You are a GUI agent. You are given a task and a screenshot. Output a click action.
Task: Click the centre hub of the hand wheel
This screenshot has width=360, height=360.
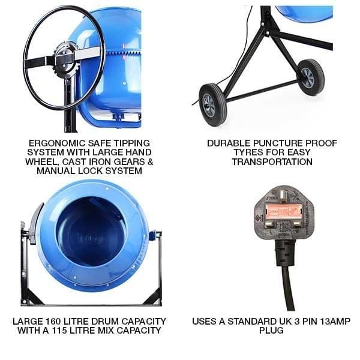tap(64, 57)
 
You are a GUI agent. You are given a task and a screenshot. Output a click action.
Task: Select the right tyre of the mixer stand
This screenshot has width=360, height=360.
tap(311, 76)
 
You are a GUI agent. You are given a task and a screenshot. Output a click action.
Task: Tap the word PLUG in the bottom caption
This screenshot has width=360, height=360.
tap(271, 331)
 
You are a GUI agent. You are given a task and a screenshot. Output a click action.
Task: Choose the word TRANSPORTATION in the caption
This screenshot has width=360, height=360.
tap(271, 162)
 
